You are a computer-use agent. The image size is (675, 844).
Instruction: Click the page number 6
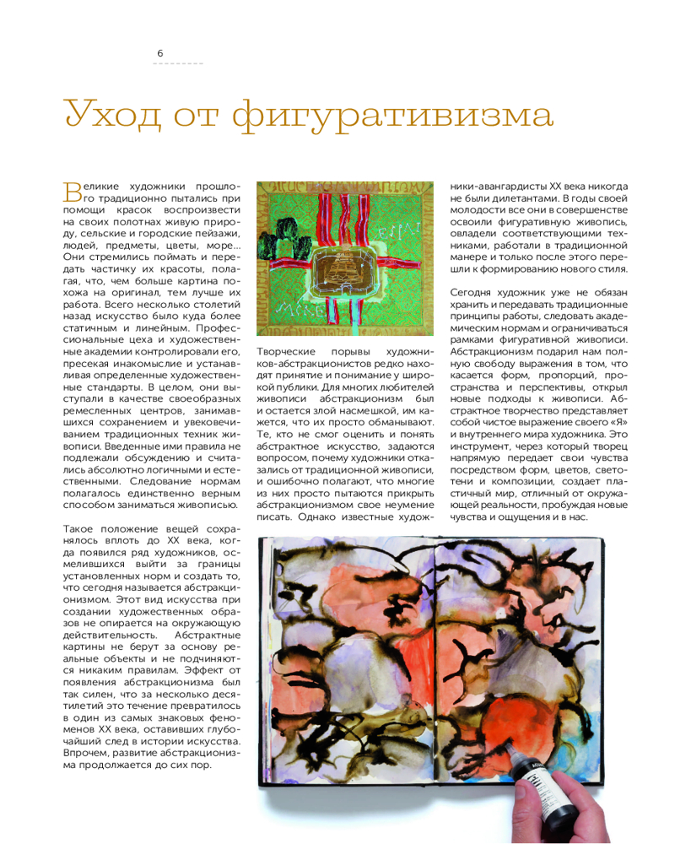pyautogui.click(x=160, y=52)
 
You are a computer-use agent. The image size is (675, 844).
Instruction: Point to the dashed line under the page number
pyautogui.click(x=178, y=64)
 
